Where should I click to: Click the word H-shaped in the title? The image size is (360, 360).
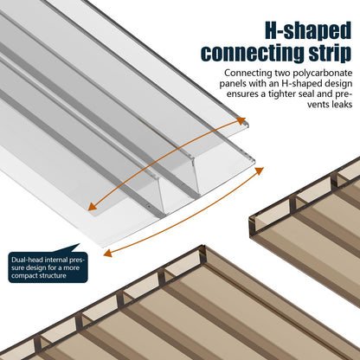[x=308, y=30]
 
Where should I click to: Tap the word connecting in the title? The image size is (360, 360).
[x=253, y=54]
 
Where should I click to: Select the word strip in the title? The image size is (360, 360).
[x=330, y=54]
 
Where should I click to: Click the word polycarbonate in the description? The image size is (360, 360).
[x=323, y=74]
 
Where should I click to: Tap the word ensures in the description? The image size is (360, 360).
[x=242, y=94]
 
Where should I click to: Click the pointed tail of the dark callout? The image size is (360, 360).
[x=80, y=244]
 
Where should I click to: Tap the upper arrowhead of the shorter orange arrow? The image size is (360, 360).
[x=241, y=120]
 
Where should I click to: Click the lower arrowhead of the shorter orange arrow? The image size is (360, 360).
[x=92, y=207]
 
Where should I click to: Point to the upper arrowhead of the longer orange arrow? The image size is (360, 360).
[x=260, y=170]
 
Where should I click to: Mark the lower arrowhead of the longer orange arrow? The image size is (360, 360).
[x=107, y=253]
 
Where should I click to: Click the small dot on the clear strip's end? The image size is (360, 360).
[x=149, y=207]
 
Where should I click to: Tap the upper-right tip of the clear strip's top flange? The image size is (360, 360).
[x=248, y=124]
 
